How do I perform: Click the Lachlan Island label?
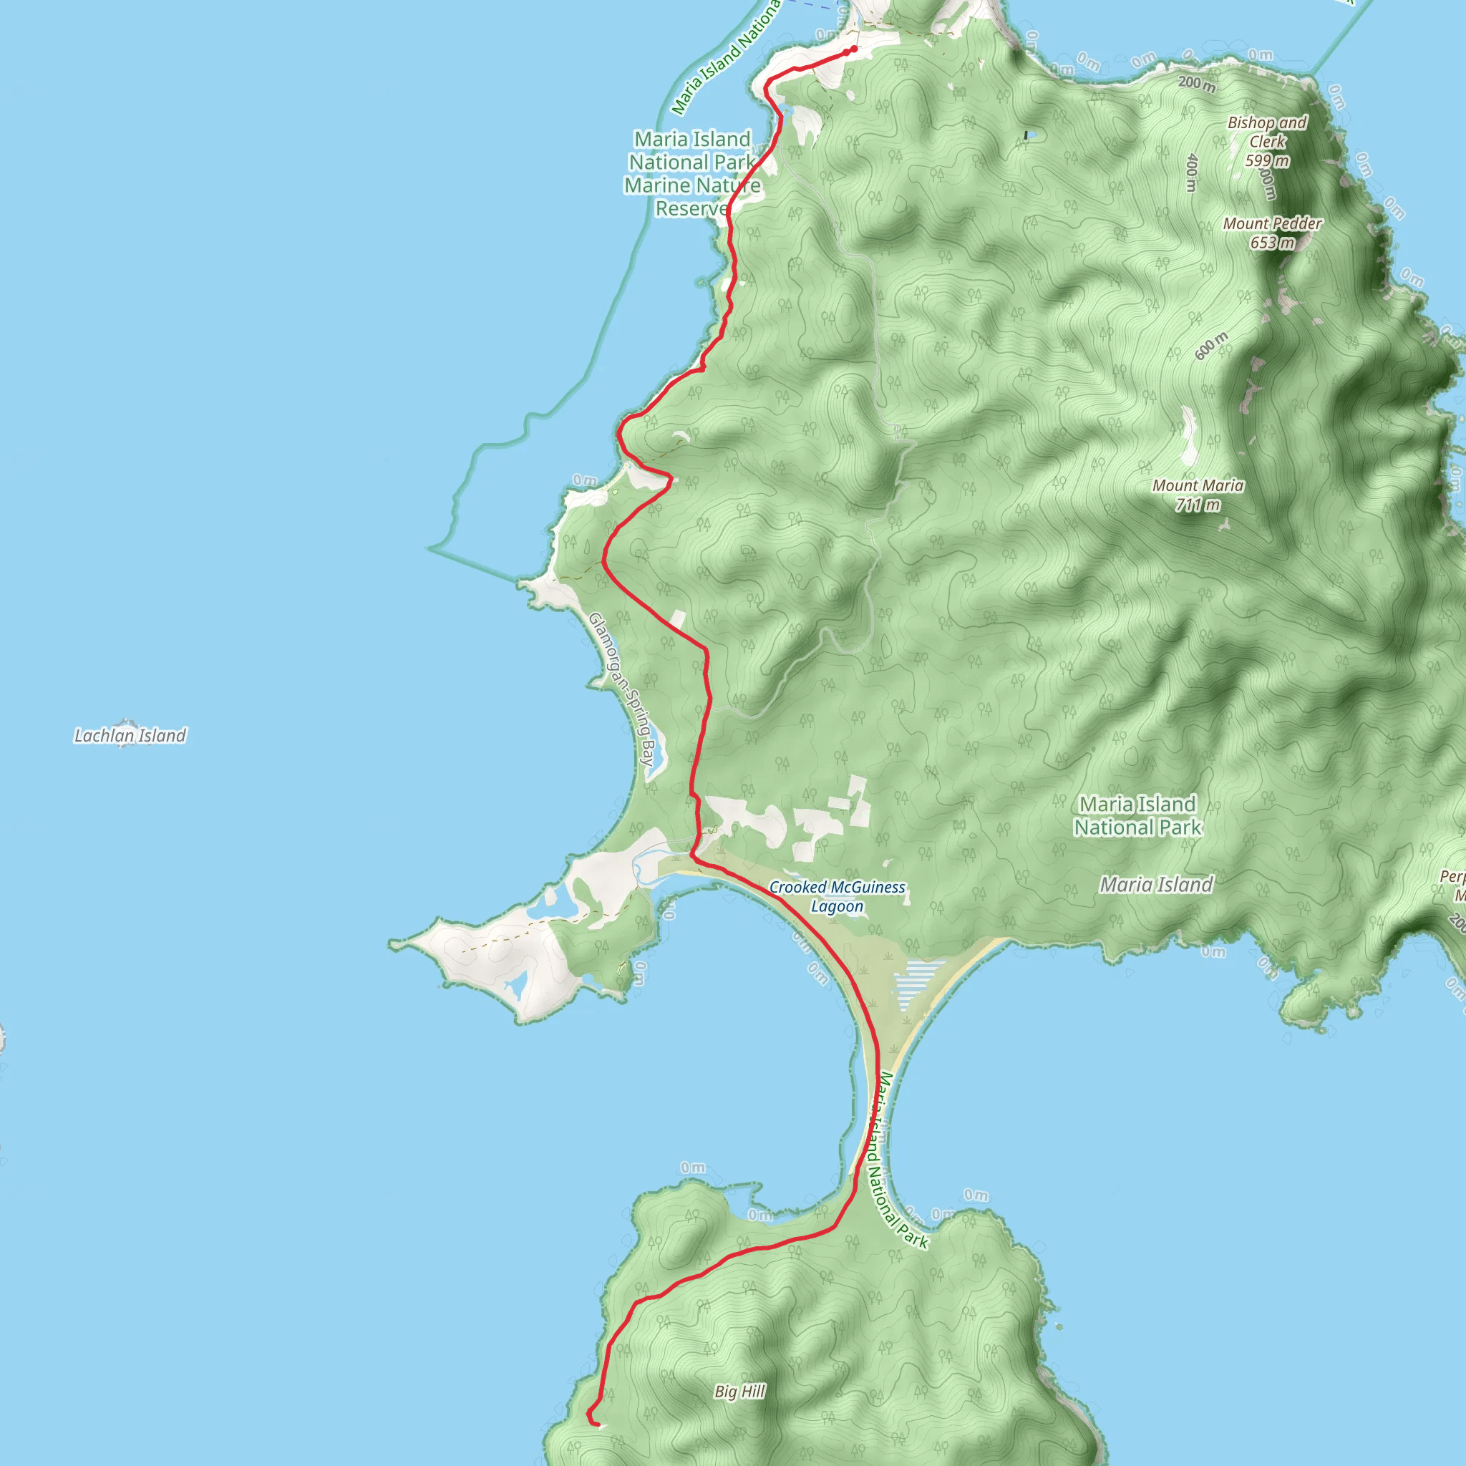[x=130, y=735]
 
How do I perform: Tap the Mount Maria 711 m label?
[x=1198, y=495]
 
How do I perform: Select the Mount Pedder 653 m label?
[x=1272, y=233]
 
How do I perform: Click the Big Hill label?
[x=740, y=1391]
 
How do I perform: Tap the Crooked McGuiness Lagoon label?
[x=837, y=896]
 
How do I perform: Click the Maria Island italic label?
[x=1157, y=885]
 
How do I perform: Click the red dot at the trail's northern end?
[x=854, y=49]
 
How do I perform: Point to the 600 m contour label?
[x=1211, y=346]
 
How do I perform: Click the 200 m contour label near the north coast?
[x=1197, y=84]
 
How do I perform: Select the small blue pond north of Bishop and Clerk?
[x=1026, y=135]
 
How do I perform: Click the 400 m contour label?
[x=1192, y=173]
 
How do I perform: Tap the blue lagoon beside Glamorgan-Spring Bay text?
[x=658, y=757]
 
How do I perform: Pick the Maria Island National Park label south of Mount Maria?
[x=1137, y=816]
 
